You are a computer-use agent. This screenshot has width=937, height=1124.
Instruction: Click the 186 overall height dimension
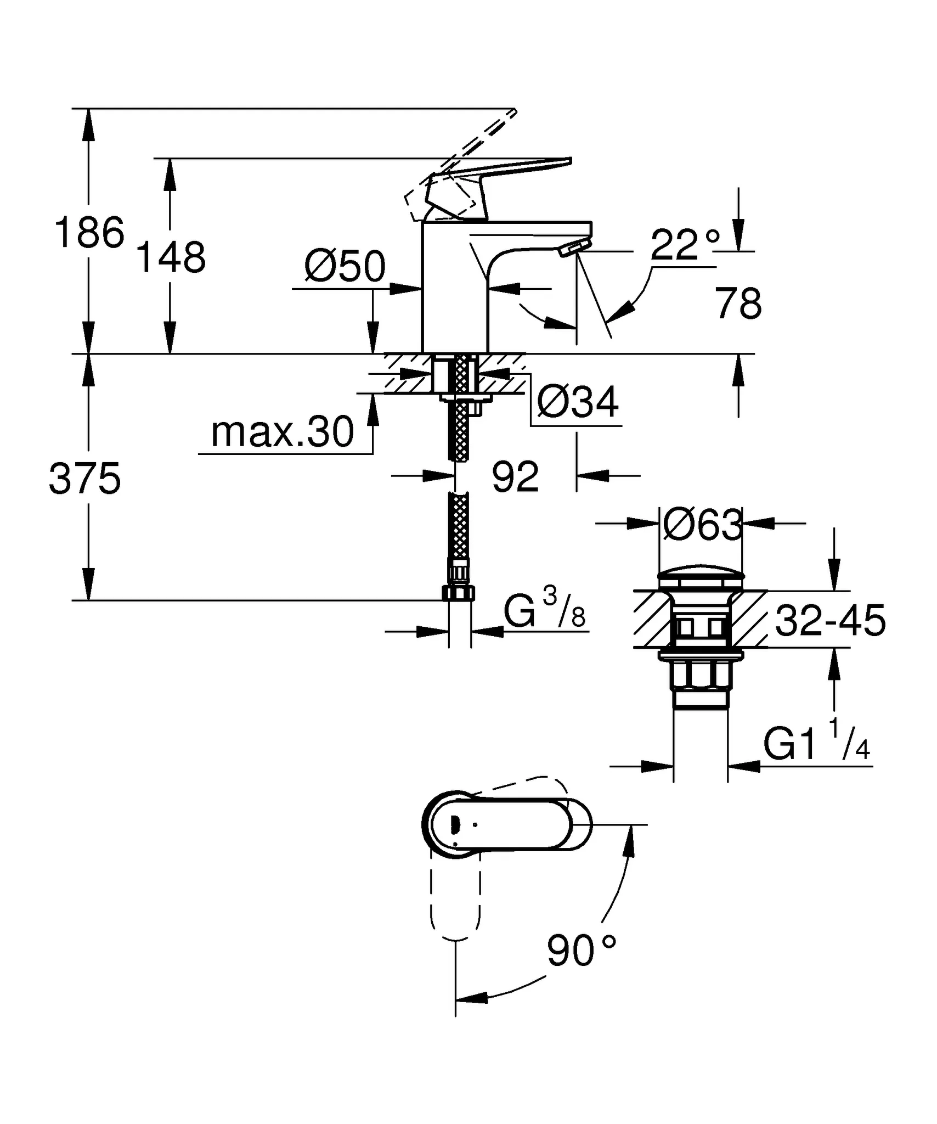(89, 233)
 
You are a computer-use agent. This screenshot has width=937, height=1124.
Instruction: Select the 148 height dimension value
(171, 257)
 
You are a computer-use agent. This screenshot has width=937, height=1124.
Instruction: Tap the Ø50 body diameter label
(345, 267)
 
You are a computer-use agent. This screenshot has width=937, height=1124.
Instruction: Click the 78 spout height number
(738, 303)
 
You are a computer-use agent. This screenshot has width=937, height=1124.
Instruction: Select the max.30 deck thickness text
(283, 432)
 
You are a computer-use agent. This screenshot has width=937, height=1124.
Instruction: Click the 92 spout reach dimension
(515, 476)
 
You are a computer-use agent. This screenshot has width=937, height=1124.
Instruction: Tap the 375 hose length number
(84, 479)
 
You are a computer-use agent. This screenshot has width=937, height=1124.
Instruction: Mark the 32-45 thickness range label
(830, 621)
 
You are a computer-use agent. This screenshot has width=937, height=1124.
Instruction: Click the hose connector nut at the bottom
(458, 593)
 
